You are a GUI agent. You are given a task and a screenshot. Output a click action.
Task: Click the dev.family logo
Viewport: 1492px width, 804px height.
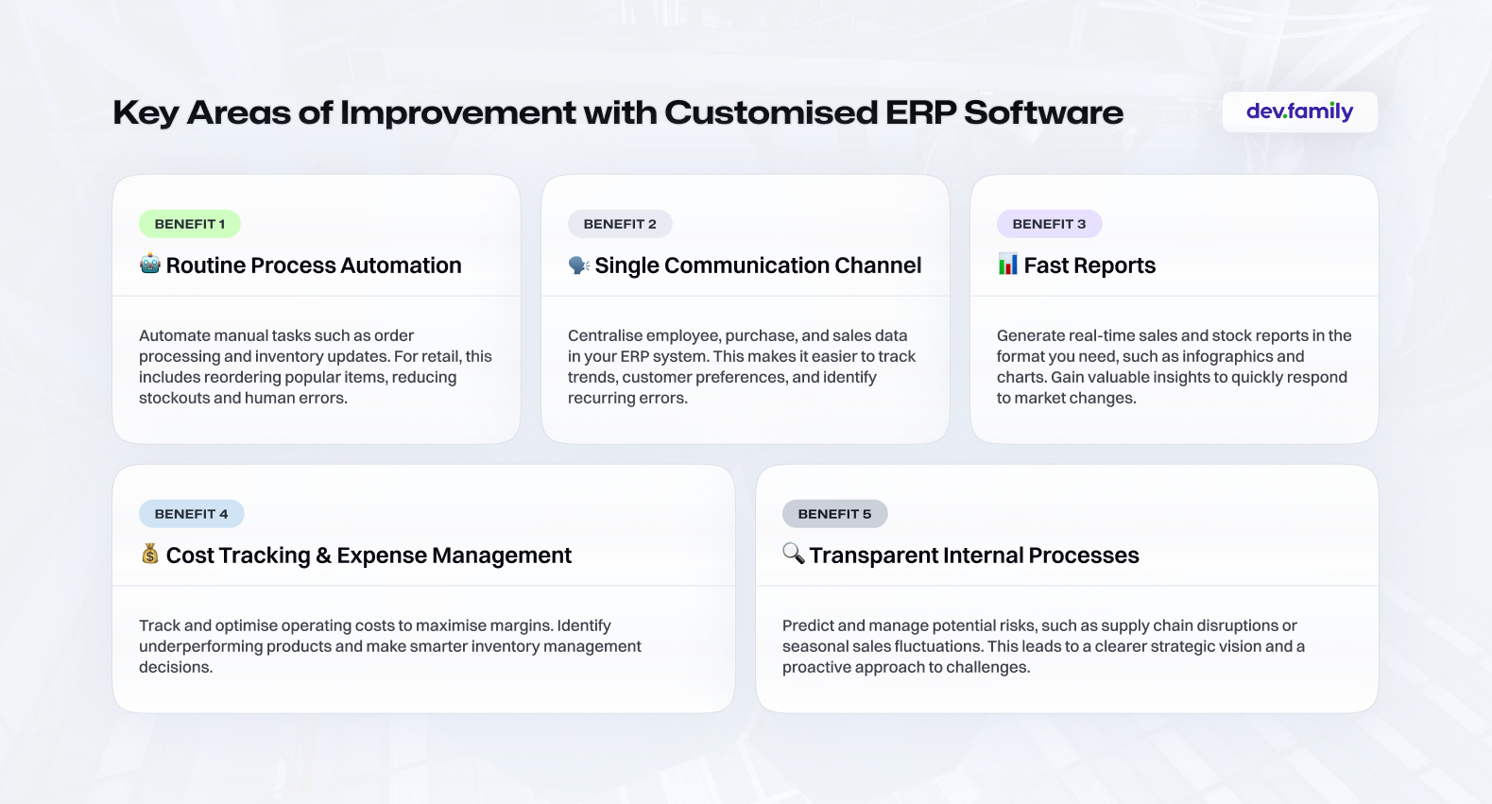(x=1299, y=111)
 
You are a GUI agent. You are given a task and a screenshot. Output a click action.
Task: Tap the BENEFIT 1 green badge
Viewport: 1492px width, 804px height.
(x=190, y=224)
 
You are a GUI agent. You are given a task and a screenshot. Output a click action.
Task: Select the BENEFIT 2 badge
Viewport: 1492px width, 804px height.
(x=620, y=224)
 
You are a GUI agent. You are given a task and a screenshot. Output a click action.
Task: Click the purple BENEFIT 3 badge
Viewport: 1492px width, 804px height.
(x=1049, y=224)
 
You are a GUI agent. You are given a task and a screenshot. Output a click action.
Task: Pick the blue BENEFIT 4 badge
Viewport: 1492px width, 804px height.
(x=191, y=514)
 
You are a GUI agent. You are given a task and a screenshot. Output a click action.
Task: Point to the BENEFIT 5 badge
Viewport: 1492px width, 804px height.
(x=834, y=514)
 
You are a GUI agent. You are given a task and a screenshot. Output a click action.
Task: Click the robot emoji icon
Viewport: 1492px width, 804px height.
(x=150, y=264)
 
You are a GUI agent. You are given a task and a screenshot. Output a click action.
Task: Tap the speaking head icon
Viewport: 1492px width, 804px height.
(x=579, y=265)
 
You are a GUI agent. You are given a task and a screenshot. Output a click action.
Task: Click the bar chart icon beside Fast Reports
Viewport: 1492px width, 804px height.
(x=1008, y=264)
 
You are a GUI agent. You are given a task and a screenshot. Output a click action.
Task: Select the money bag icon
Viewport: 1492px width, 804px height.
(x=150, y=554)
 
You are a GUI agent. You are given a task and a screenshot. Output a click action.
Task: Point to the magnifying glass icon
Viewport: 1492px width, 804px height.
(x=794, y=553)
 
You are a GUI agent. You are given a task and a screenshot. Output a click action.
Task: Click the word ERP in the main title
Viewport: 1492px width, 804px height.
(x=919, y=111)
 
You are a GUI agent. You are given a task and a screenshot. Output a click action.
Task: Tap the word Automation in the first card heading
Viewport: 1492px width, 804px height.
(x=401, y=265)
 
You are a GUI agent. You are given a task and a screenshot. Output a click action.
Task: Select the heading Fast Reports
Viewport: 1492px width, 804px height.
(x=1089, y=265)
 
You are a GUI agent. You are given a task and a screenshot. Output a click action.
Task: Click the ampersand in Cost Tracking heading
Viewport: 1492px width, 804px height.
(x=324, y=555)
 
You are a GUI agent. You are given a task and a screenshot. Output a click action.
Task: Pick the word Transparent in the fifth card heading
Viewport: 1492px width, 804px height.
(x=874, y=555)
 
